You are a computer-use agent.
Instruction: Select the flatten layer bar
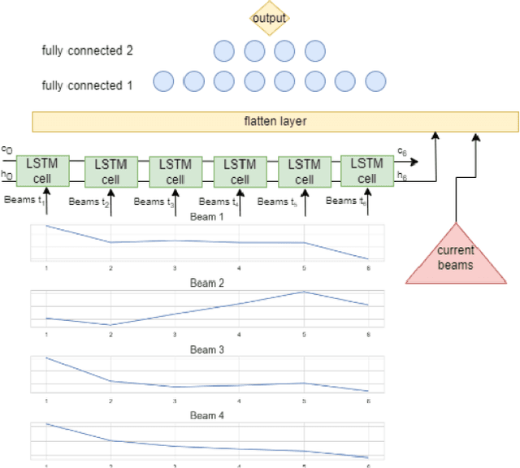click(x=275, y=122)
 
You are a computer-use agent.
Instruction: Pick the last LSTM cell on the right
click(x=367, y=171)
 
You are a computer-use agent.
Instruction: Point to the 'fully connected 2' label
click(x=87, y=51)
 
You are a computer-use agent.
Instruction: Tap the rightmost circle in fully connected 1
click(x=375, y=81)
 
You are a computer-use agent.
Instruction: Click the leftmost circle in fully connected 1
click(x=163, y=81)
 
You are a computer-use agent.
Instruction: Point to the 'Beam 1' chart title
click(x=206, y=217)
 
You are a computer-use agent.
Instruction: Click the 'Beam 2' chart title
click(x=206, y=283)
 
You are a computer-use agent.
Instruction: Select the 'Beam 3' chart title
click(x=206, y=349)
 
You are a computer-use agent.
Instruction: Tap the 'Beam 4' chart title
click(x=206, y=416)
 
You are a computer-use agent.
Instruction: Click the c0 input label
click(x=6, y=149)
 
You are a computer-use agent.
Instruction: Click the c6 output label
click(x=401, y=151)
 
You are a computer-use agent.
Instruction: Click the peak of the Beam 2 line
click(x=304, y=292)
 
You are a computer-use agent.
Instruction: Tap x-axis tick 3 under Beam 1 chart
click(x=175, y=267)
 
